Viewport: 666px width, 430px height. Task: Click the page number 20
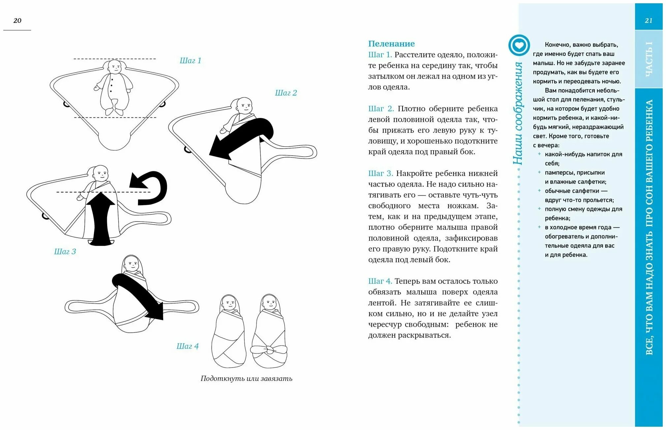click(x=17, y=20)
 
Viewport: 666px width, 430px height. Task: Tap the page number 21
click(x=649, y=20)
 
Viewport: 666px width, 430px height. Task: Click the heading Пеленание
click(x=391, y=43)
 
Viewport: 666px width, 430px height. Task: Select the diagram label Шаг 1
click(x=190, y=61)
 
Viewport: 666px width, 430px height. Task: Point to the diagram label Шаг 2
click(x=286, y=93)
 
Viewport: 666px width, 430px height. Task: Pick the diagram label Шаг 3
click(x=65, y=252)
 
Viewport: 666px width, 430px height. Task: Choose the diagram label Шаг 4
click(x=187, y=346)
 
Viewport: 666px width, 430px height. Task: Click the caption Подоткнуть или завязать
click(x=246, y=379)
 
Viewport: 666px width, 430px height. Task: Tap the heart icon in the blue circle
click(x=519, y=45)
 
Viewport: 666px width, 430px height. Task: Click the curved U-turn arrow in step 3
click(x=150, y=188)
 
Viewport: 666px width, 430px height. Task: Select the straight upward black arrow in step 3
click(x=101, y=219)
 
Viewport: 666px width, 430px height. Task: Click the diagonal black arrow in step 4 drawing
click(x=138, y=295)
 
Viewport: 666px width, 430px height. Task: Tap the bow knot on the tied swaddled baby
click(x=269, y=350)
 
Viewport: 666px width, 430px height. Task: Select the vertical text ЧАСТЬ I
click(x=649, y=59)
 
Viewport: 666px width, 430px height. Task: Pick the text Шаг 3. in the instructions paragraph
click(x=380, y=173)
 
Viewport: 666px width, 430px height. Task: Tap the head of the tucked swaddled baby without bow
click(x=229, y=302)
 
